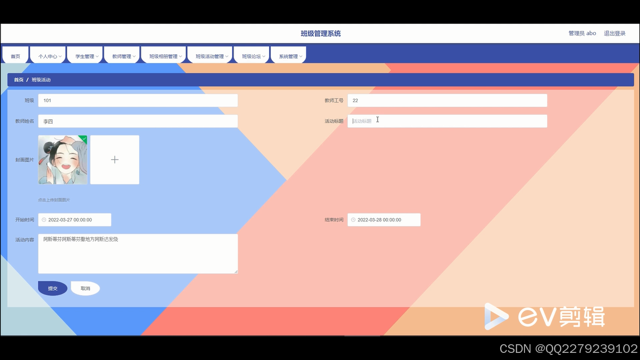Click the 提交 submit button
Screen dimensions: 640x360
[52, 288]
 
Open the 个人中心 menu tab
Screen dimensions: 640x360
[48, 56]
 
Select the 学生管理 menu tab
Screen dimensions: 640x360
[85, 56]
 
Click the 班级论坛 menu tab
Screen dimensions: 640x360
[252, 56]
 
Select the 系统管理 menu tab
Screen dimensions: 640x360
[288, 56]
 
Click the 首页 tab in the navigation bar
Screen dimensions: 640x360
[15, 56]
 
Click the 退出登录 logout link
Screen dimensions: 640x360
[615, 33]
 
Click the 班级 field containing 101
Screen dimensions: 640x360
[138, 101]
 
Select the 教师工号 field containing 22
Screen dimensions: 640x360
[447, 101]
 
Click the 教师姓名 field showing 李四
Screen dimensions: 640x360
[138, 121]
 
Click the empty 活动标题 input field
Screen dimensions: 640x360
[447, 121]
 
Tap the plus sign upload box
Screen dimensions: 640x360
[115, 160]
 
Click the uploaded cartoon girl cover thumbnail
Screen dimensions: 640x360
[63, 160]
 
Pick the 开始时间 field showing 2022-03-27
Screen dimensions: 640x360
[74, 220]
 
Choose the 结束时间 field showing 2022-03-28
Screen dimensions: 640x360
[384, 220]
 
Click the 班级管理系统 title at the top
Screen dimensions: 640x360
[321, 34]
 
